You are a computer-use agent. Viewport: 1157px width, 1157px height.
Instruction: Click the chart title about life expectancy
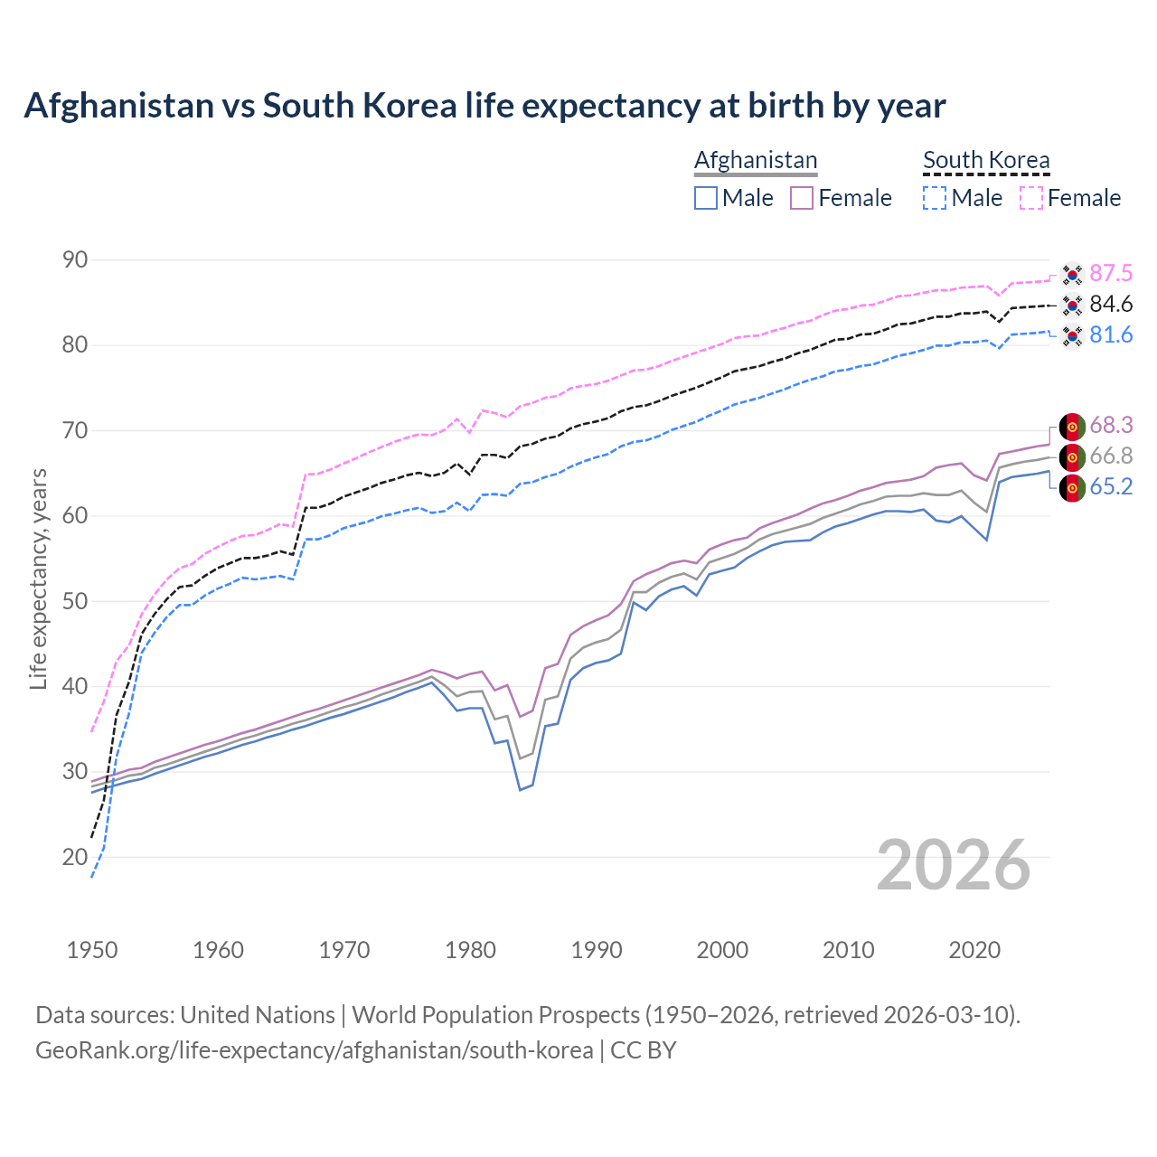tap(484, 106)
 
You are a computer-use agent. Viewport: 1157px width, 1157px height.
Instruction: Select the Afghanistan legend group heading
tap(756, 160)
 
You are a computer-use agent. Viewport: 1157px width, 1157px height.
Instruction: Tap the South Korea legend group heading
tap(986, 160)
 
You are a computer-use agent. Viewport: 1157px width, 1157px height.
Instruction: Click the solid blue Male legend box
tap(706, 198)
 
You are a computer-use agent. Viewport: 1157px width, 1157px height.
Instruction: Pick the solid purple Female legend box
tap(803, 198)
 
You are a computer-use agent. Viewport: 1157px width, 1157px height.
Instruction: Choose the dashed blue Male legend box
tap(935, 198)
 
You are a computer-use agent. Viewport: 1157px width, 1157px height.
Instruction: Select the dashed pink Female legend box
tap(1031, 198)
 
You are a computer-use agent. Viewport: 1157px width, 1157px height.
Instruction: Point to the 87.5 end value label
tap(1111, 274)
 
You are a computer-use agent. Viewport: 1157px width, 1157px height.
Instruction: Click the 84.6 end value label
tap(1111, 305)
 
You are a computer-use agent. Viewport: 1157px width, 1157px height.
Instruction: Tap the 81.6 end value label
tap(1111, 335)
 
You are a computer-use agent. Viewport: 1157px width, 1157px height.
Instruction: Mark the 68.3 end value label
tap(1111, 426)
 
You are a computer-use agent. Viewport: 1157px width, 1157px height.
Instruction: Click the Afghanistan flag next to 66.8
tap(1072, 456)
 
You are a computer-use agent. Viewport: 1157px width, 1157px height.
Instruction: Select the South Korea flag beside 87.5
tap(1072, 274)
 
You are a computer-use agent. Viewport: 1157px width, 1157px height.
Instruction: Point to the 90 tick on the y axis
tap(75, 260)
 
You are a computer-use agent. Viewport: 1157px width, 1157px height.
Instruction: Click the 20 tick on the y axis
tap(75, 857)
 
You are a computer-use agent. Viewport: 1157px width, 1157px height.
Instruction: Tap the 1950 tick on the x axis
tap(92, 950)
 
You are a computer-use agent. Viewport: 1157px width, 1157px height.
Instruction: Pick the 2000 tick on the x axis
tap(722, 950)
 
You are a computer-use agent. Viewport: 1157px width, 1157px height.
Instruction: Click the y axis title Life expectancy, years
tap(38, 578)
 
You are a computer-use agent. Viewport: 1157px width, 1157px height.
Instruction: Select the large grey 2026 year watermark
tap(954, 865)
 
